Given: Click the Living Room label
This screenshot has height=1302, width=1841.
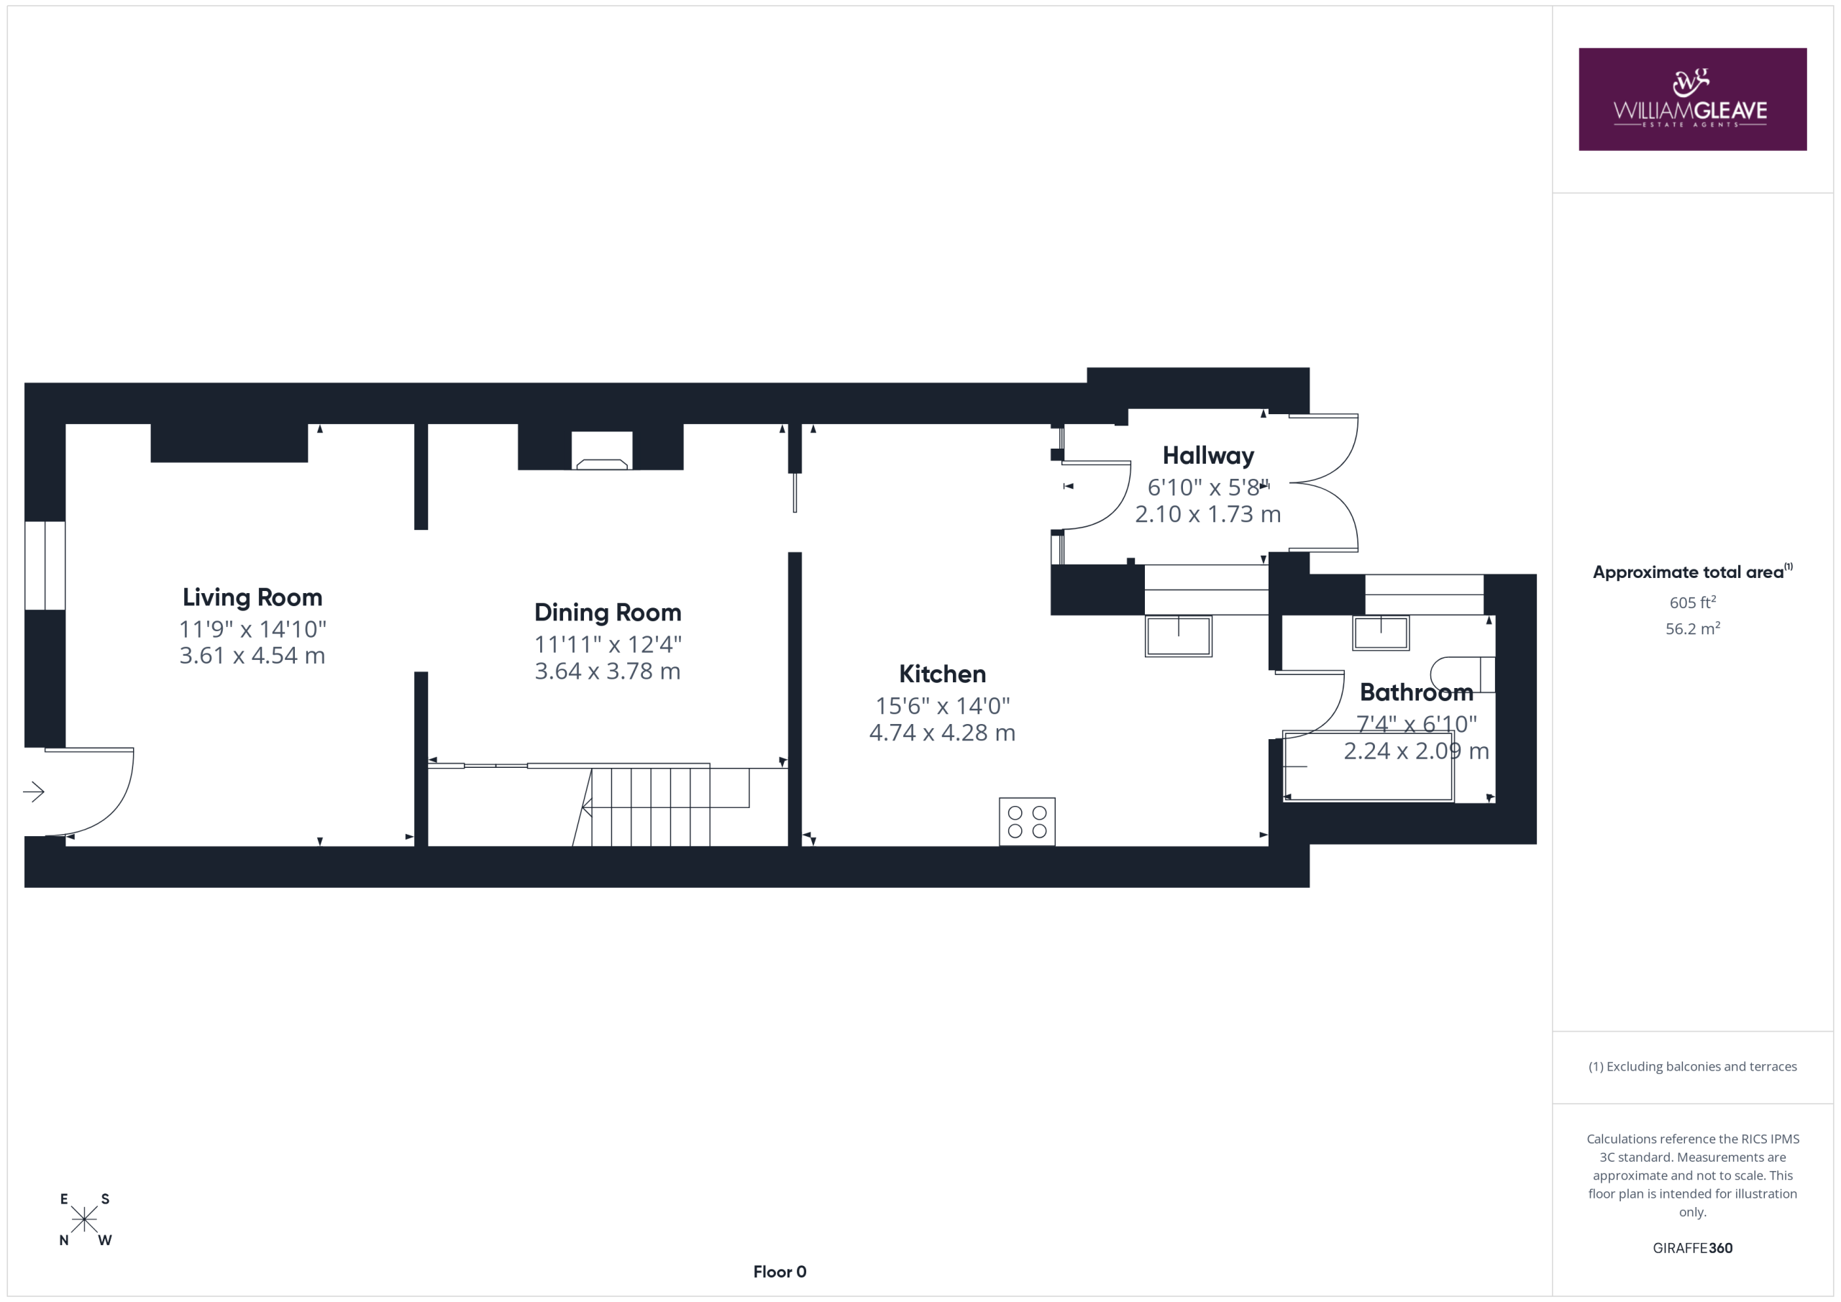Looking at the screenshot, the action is coord(252,597).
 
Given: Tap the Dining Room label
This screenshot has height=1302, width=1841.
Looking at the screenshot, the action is coord(608,613).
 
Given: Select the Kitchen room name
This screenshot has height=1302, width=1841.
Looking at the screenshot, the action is coord(942,674).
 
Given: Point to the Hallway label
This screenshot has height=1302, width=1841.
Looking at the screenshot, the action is coord(1208,455).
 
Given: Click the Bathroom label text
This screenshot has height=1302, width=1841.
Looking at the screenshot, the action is coord(1416,692).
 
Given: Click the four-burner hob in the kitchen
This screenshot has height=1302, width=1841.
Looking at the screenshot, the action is coord(1027,821).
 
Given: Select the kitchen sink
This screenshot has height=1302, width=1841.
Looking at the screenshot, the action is coord(1178,636).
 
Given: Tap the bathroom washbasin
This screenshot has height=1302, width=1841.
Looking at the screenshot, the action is coord(1381,633).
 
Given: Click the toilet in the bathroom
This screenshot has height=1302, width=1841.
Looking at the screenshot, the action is coord(1463,675).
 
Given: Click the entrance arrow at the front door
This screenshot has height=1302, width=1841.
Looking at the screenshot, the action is coord(34,792).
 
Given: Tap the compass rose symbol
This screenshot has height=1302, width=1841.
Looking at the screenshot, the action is coord(84,1219).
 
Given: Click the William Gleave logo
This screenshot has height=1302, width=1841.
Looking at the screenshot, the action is coord(1693,99).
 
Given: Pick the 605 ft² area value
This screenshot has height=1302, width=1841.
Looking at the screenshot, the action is coord(1693,601).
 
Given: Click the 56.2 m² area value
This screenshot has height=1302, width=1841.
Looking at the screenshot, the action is coord(1693,628).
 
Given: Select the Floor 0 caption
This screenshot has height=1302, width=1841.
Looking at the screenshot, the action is coord(780,1272).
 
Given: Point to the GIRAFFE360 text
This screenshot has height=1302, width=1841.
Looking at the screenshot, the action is coord(1693,1247).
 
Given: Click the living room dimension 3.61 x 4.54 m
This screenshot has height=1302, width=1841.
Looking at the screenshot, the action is coord(252,656).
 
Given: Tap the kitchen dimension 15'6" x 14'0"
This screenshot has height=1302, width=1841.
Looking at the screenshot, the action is coord(942,705).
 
